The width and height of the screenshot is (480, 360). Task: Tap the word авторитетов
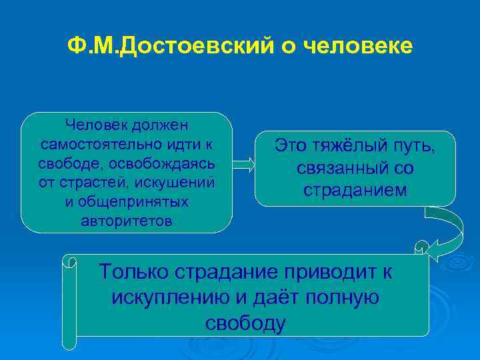click(127, 221)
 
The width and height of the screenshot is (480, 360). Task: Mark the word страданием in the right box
click(355, 190)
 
